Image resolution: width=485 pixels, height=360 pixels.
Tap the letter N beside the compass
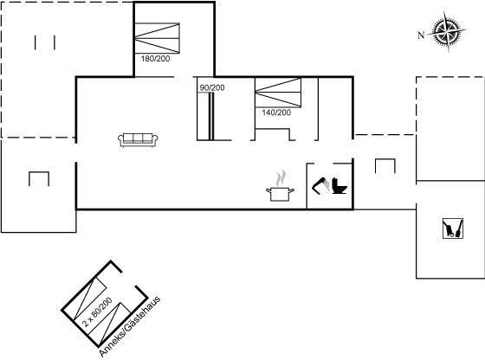tap(421, 35)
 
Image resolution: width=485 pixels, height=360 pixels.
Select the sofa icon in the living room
tap(138, 140)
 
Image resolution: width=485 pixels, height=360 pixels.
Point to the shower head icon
tap(320, 185)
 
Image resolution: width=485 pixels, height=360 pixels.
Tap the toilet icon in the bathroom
tap(339, 186)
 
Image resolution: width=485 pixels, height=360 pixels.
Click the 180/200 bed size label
tap(155, 59)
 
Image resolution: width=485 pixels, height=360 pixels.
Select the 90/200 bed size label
tap(212, 87)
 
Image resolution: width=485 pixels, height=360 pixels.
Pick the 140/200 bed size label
tap(276, 112)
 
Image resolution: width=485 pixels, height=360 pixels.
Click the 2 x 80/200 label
tap(97, 312)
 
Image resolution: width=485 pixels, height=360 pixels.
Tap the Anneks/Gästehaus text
tap(130, 326)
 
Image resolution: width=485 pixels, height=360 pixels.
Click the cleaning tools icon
tap(453, 228)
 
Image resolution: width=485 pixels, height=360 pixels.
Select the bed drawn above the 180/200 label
tap(157, 38)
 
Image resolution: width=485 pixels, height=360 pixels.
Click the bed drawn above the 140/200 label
tap(278, 93)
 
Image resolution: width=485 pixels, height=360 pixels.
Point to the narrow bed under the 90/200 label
tap(211, 116)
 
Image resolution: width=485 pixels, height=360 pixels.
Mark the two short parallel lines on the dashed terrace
tap(45, 42)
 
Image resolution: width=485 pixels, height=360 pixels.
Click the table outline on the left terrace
tap(39, 172)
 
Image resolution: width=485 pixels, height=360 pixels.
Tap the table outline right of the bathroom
tap(385, 159)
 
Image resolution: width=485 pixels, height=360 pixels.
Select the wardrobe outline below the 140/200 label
tap(273, 129)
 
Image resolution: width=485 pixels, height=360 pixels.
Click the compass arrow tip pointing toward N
tap(429, 33)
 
